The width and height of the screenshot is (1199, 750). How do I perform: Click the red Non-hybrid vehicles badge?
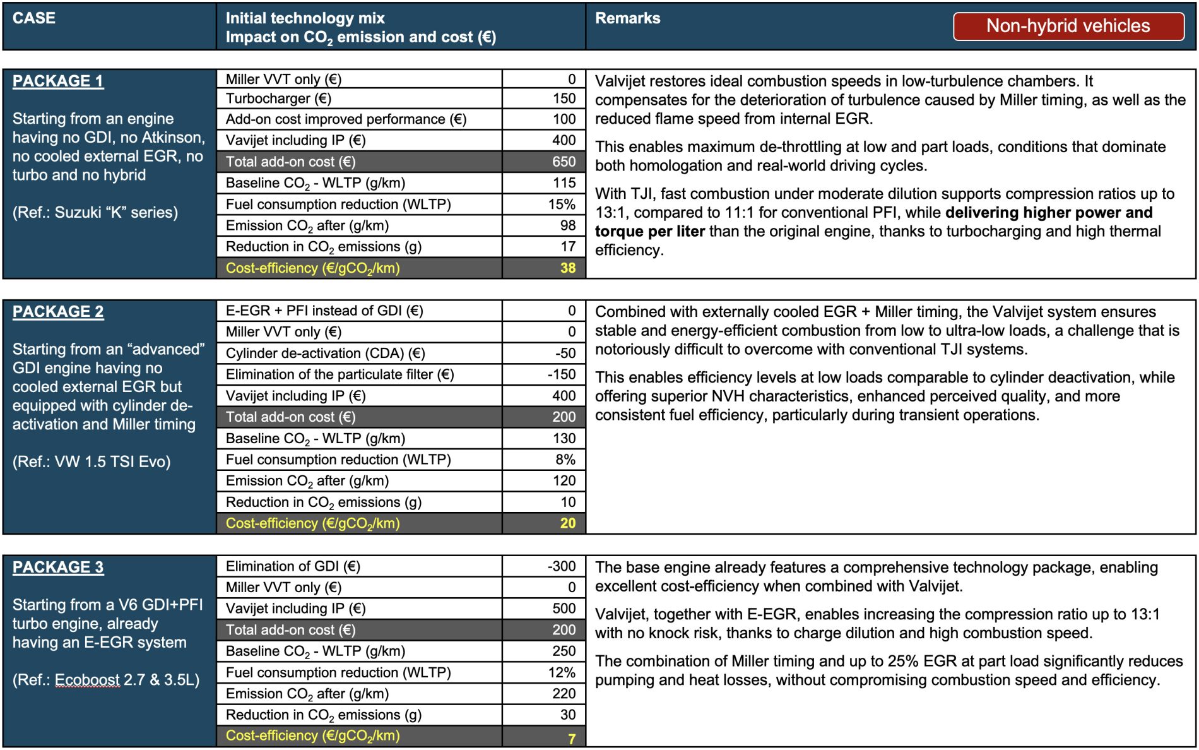[1068, 26]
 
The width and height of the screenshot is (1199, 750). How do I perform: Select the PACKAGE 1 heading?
[58, 81]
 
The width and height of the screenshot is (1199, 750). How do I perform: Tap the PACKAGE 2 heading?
[58, 312]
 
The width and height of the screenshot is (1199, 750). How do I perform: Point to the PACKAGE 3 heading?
[58, 568]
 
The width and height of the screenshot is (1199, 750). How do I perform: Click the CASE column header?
[34, 18]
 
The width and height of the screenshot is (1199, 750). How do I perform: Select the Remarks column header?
[627, 18]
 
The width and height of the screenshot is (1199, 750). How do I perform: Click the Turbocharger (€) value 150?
[564, 98]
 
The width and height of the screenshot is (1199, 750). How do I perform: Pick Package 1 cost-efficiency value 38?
[567, 268]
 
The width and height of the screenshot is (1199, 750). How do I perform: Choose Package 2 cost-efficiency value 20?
[567, 523]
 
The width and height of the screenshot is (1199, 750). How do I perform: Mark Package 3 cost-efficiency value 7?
[571, 738]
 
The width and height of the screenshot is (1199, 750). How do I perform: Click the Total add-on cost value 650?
[564, 162]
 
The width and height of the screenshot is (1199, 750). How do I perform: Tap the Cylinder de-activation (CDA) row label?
[325, 354]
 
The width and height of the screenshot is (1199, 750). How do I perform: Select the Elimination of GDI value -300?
[561, 566]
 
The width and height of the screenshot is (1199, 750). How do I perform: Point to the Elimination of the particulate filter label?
[340, 375]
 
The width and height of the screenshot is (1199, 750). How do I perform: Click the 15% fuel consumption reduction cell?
[562, 205]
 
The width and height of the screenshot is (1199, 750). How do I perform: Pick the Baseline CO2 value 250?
[564, 652]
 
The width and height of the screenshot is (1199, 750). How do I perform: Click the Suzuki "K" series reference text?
[95, 213]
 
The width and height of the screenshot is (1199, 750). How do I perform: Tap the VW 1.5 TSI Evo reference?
[92, 462]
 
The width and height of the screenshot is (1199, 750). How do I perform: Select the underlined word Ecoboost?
[87, 681]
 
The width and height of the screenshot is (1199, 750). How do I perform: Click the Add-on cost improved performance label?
[346, 119]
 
